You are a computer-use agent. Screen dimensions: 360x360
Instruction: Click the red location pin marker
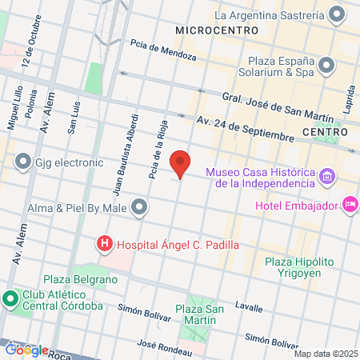point(181,163)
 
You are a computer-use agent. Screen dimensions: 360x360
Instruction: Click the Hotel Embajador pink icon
point(349,206)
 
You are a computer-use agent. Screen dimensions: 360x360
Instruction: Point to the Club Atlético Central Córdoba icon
point(10,299)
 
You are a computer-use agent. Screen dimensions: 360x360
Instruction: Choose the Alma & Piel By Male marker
point(140,208)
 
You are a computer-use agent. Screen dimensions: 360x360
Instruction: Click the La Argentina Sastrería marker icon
point(338,14)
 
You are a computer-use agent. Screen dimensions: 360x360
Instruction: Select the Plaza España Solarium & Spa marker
point(326,66)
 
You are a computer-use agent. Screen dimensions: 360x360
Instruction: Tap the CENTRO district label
point(324,130)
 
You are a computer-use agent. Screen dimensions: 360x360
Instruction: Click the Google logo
point(25,350)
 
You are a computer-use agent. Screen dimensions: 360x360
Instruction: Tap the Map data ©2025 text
point(326,354)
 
